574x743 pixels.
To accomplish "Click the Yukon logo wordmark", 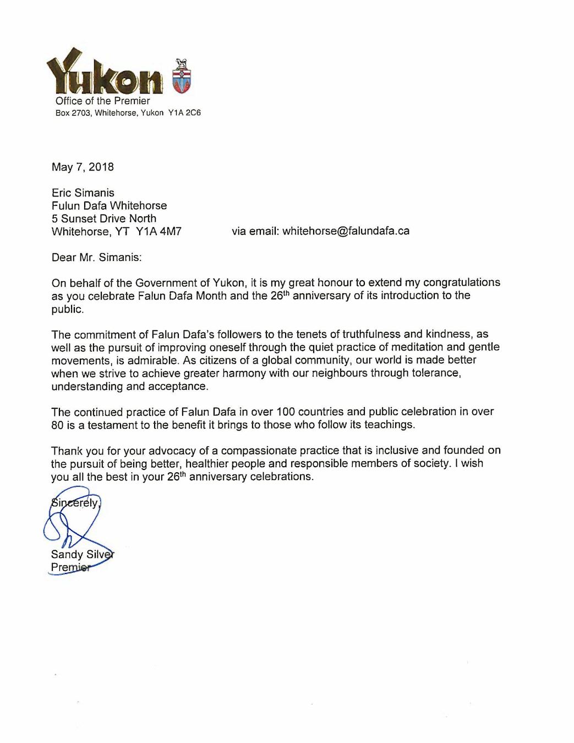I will coord(105,75).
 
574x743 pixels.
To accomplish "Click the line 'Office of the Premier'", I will coord(102,101).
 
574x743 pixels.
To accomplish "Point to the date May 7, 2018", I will coord(83,167).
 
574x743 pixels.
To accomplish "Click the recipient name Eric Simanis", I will coord(83,193).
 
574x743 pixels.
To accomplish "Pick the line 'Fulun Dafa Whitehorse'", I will coord(109,205).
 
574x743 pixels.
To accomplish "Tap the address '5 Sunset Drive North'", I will coord(104,218).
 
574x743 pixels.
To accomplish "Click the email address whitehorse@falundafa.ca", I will coord(346,231).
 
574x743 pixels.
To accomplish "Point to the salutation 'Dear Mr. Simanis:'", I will coord(96,257).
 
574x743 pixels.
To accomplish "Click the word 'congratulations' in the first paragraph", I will coord(456,282).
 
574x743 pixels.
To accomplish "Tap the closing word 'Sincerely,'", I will coord(75,502).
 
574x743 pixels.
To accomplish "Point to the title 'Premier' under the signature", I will coord(70,567).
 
